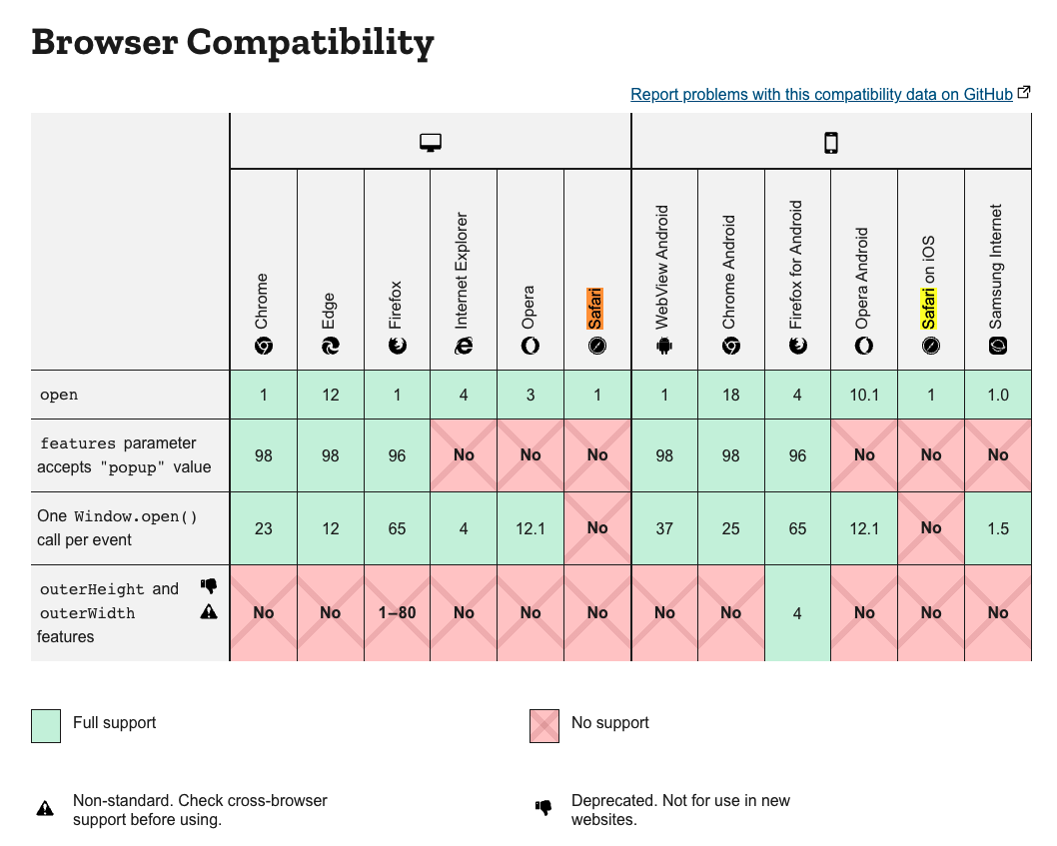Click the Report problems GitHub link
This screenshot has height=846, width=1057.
click(x=821, y=94)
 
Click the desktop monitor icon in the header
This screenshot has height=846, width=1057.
click(x=431, y=143)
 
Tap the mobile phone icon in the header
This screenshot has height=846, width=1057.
click(x=831, y=143)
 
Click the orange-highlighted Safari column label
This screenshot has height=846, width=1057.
click(x=596, y=308)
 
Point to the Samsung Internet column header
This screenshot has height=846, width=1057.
click(x=997, y=268)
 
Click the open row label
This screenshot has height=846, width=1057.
click(x=59, y=395)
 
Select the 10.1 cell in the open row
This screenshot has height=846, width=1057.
click(x=864, y=395)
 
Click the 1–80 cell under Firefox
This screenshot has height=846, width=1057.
click(x=397, y=612)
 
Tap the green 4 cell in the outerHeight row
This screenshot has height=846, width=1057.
click(x=797, y=612)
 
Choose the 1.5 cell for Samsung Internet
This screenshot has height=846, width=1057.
click(x=997, y=528)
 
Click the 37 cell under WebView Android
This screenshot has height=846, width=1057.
click(x=664, y=528)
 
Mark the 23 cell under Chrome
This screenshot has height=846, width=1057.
click(x=264, y=528)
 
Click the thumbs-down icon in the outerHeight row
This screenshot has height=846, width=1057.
click(x=209, y=586)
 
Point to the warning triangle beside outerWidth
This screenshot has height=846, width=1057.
click(x=209, y=612)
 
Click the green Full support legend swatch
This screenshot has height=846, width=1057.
click(x=46, y=727)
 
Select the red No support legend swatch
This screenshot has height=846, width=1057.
click(x=544, y=727)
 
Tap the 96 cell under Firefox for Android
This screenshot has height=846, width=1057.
click(x=797, y=454)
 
